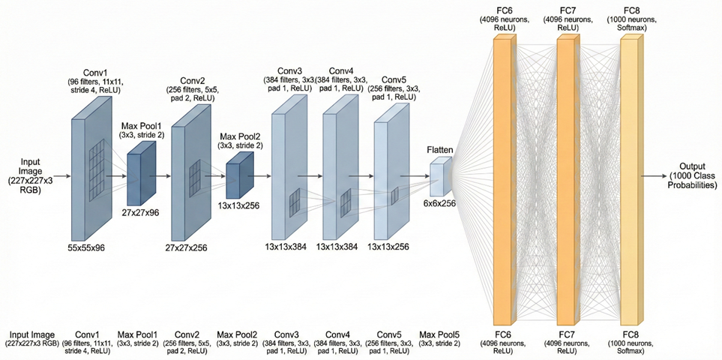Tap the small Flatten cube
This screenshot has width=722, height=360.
pyautogui.click(x=437, y=171)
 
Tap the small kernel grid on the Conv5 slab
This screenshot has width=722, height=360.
pyautogui.click(x=394, y=196)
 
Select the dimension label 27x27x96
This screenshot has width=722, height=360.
pyautogui.click(x=142, y=213)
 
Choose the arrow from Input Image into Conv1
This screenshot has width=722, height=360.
pyautogui.click(x=59, y=175)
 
